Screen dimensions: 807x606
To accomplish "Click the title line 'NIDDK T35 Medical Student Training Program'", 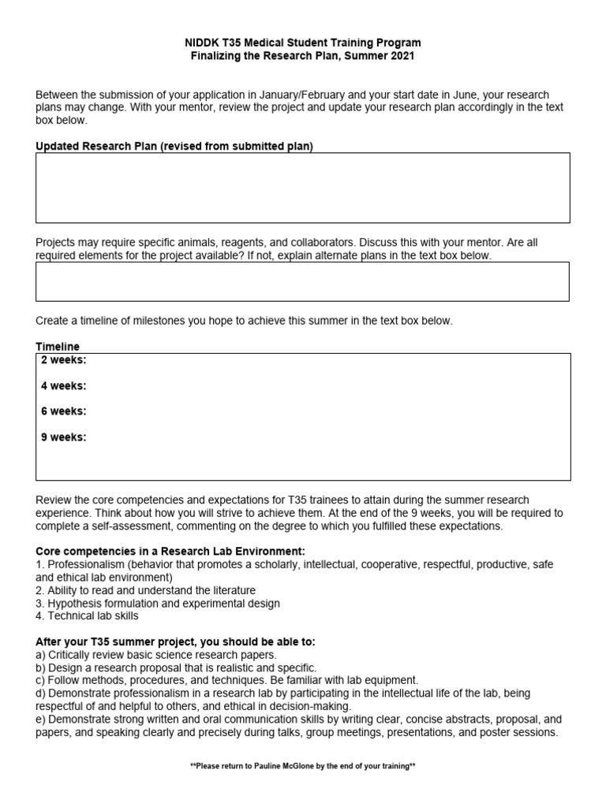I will (303, 43).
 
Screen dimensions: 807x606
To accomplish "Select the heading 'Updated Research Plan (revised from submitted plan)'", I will (174, 147).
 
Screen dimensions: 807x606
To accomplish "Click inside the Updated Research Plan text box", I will (303, 188).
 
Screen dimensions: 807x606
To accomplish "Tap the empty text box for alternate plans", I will (303, 281).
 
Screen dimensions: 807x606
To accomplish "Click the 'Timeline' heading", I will (58, 347).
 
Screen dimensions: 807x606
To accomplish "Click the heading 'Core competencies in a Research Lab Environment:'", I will (170, 551).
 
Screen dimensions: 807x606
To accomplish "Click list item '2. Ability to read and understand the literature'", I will (146, 590).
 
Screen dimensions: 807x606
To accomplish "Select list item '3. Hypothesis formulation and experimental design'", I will (158, 603).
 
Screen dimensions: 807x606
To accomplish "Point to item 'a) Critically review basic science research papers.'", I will (156, 654).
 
